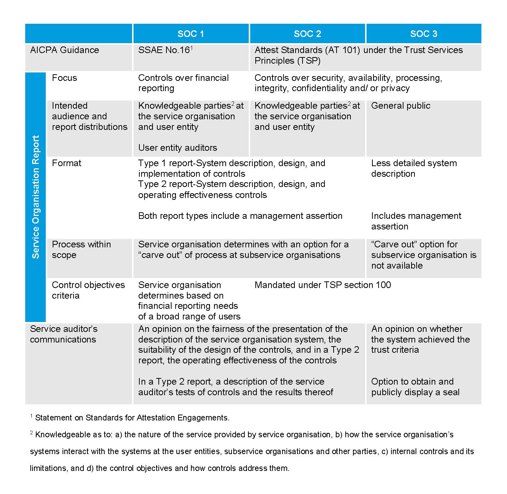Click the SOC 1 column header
point(191,34)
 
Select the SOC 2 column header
point(307,34)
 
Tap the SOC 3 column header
point(424,34)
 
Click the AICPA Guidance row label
point(64,50)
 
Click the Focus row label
point(64,78)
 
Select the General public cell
point(401,106)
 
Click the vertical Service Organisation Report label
point(35,197)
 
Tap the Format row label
point(67,163)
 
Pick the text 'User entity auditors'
point(177,148)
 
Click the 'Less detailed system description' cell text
point(414,168)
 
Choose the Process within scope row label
point(81,250)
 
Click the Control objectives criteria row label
point(88,290)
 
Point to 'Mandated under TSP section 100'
point(323,285)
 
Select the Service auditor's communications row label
point(64,334)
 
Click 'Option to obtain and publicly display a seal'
point(415,387)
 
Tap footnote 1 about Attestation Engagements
point(132,418)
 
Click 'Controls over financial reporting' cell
point(183,83)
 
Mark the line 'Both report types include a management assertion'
point(240,216)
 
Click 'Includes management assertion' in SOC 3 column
point(416,221)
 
